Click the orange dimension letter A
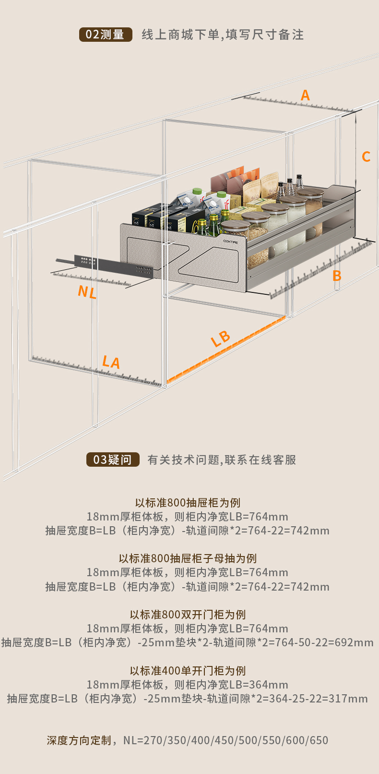tap(305, 96)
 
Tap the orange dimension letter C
tap(366, 157)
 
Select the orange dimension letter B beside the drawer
tap(337, 276)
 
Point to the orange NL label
tap(87, 291)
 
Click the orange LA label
tap(111, 362)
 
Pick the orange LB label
tap(221, 339)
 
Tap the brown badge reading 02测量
tap(106, 35)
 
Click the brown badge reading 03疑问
tap(113, 460)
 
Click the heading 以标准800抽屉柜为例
tap(188, 503)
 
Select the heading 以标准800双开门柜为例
tap(188, 615)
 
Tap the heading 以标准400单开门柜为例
tap(188, 671)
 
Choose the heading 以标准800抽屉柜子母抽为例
tap(188, 558)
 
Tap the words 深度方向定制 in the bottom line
tap(79, 740)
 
